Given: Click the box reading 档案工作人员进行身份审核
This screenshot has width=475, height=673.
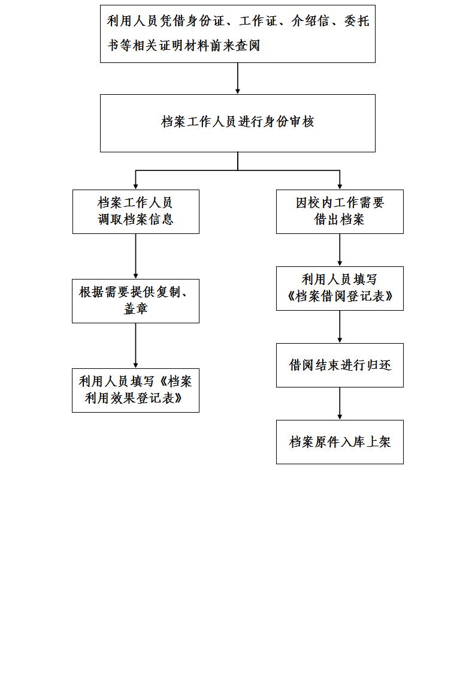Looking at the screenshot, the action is (x=237, y=123).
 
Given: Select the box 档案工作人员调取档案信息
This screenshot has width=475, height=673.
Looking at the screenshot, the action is (x=136, y=212).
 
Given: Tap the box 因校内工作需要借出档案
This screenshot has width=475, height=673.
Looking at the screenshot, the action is (x=340, y=212).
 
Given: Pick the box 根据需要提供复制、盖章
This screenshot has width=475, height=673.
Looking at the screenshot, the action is (x=135, y=301).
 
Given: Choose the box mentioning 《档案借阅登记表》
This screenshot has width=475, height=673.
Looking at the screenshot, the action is (x=340, y=289).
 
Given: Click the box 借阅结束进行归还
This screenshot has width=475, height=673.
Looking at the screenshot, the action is (x=340, y=365).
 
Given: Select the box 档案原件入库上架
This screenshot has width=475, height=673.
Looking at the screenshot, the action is (x=340, y=442).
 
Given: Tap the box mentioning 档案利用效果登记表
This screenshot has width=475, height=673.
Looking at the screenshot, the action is (x=135, y=390).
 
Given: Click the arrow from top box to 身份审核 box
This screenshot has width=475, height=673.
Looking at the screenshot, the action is (x=237, y=79).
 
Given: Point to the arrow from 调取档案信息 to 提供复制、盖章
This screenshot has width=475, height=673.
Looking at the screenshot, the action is (x=135, y=256).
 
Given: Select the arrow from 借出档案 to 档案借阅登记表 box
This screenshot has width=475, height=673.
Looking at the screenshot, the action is (x=340, y=250).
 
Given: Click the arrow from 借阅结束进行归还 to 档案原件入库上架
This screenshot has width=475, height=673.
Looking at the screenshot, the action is (x=340, y=404).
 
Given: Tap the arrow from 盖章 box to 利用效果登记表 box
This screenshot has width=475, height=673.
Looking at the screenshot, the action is (x=135, y=345).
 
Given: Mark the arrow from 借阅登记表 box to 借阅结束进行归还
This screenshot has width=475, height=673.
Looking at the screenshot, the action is (x=340, y=327).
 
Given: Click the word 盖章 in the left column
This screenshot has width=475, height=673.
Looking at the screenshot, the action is (x=135, y=309).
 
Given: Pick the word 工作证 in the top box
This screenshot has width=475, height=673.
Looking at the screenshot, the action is (x=259, y=21).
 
